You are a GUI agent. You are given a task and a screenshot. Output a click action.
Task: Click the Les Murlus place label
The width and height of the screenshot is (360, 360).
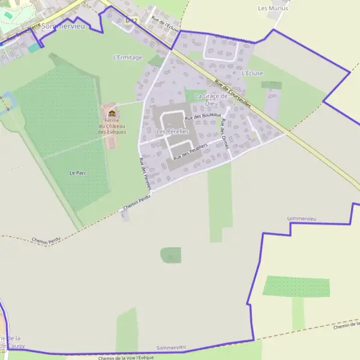272,8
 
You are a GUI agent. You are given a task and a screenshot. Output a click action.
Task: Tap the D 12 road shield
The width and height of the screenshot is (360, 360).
131,20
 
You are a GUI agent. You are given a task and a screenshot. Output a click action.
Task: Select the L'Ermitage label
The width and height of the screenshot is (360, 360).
127,58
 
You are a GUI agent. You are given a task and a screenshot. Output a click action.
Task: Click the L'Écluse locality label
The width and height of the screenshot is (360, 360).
253,73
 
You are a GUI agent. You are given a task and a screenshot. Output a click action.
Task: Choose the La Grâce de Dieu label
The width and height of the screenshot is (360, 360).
211,99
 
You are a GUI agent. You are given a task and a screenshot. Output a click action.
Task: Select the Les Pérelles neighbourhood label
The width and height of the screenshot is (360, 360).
172,131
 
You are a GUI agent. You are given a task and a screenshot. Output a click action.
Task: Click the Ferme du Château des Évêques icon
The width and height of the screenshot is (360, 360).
112,113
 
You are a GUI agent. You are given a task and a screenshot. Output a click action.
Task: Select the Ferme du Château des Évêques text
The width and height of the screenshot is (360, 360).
112,125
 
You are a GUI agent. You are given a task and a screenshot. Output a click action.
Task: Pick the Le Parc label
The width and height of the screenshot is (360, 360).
78,173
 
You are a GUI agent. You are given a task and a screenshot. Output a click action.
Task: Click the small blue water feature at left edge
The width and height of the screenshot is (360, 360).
7,102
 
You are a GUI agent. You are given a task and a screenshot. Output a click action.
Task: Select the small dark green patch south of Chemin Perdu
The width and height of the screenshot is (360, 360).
170,255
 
